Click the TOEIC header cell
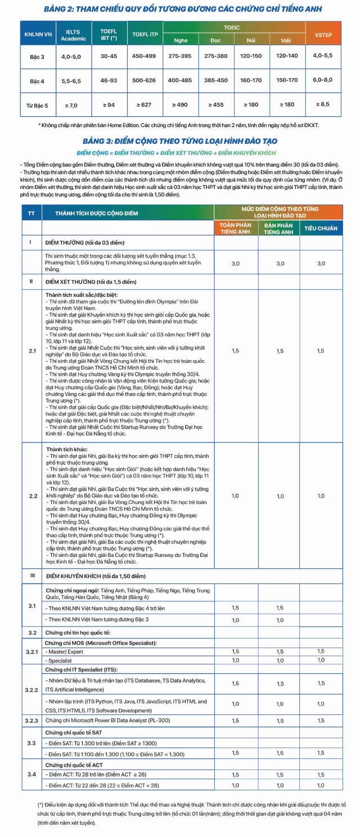(x=232, y=26)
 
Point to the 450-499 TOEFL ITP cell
(x=145, y=56)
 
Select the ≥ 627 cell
(x=145, y=105)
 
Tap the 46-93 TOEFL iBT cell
(x=108, y=80)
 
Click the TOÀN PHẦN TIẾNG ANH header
(x=235, y=228)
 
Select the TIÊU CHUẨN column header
(x=321, y=228)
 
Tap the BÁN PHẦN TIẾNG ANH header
(x=278, y=228)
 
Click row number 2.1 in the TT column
(x=31, y=351)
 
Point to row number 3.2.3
(x=31, y=720)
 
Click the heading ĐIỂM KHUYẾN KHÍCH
(x=95, y=576)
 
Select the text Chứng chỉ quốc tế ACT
(x=77, y=765)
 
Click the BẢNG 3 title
(x=179, y=141)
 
